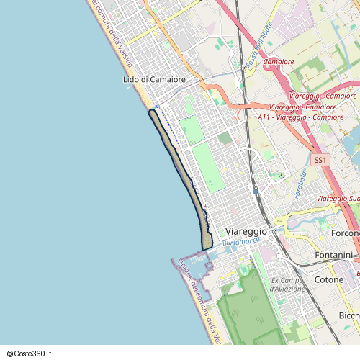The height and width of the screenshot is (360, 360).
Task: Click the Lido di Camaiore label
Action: coord(154,79)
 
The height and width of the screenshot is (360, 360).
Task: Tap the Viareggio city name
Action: coord(246,231)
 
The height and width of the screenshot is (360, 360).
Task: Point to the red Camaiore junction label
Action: coord(279,63)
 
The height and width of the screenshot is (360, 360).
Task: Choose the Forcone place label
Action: coord(345,233)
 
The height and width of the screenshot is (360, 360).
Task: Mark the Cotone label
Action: coord(329,279)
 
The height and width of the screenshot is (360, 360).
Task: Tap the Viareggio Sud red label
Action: coord(338,198)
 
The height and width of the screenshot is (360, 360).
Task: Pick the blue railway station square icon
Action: coord(256,192)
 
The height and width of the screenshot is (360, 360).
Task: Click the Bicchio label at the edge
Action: coord(349,316)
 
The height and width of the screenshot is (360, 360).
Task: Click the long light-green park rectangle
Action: coord(207,166)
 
